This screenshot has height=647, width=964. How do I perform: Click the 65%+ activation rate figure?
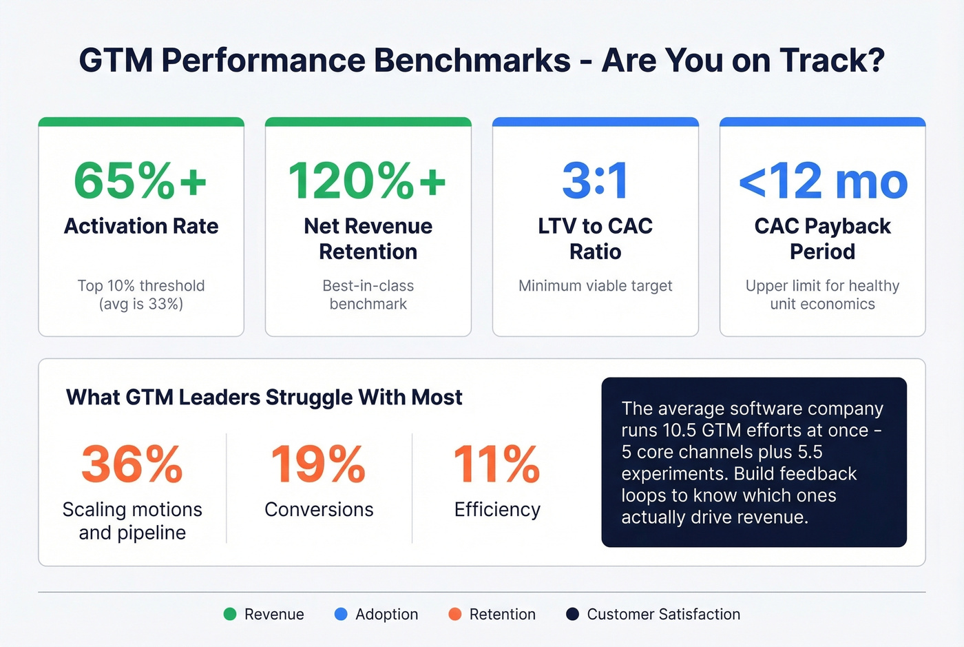point(140,181)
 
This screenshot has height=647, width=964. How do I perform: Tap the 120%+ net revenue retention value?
point(368,181)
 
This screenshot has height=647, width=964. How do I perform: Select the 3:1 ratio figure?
point(595,181)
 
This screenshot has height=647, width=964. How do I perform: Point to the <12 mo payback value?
point(823,181)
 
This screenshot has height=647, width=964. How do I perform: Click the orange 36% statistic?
point(132,464)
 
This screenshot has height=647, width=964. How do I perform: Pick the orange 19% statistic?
point(318,464)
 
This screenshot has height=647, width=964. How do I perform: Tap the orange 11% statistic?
point(496,464)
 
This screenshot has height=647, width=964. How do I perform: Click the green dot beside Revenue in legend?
point(230,614)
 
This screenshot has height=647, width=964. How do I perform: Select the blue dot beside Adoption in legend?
point(341,614)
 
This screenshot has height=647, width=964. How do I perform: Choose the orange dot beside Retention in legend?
point(454,614)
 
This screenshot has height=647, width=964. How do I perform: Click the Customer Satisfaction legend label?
point(663,614)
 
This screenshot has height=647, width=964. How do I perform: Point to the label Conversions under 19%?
point(319,509)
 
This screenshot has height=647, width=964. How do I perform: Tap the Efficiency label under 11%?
point(497,509)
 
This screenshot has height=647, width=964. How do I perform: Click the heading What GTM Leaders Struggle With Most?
point(264,398)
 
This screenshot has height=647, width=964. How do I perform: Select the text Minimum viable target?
point(595,285)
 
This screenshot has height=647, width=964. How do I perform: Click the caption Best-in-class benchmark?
point(368,294)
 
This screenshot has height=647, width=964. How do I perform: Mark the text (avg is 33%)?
point(141,304)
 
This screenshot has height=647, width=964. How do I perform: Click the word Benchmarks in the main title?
point(472,60)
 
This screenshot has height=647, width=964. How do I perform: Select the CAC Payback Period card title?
point(822,238)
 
